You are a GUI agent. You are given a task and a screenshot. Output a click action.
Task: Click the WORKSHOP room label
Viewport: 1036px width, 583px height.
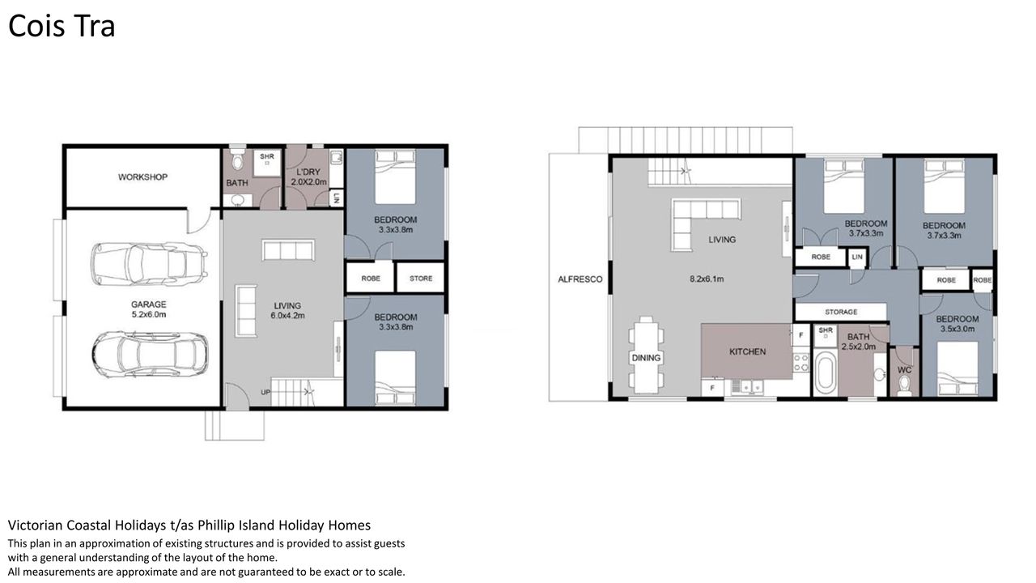click(142, 177)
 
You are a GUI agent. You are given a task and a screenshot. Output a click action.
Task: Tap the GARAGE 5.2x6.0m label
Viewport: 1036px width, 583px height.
click(148, 309)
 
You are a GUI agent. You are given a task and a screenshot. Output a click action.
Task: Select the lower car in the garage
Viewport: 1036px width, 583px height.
click(150, 354)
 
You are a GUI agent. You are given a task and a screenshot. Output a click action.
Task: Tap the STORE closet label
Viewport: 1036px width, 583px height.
click(421, 278)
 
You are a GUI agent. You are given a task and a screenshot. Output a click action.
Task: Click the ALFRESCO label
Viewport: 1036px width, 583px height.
click(580, 279)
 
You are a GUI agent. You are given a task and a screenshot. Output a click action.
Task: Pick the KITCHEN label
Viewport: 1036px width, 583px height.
click(747, 351)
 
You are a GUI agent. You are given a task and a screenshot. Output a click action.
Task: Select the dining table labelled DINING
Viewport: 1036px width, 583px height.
click(646, 355)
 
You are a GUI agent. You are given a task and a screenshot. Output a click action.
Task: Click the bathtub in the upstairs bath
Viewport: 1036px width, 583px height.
click(825, 373)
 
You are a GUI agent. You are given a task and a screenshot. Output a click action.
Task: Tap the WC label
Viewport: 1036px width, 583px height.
click(904, 370)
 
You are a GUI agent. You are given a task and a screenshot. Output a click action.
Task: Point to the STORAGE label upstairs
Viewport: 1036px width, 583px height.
click(841, 312)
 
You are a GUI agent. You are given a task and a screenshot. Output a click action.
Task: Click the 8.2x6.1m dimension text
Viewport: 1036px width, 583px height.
click(707, 279)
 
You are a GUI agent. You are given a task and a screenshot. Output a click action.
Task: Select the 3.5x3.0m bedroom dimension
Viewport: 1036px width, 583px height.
click(957, 329)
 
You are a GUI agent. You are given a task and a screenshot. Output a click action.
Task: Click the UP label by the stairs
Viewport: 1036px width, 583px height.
click(265, 392)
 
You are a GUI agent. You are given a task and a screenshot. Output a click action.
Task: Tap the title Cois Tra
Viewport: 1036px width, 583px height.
click(62, 26)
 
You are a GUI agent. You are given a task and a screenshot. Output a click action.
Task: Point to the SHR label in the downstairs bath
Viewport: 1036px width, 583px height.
click(267, 156)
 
